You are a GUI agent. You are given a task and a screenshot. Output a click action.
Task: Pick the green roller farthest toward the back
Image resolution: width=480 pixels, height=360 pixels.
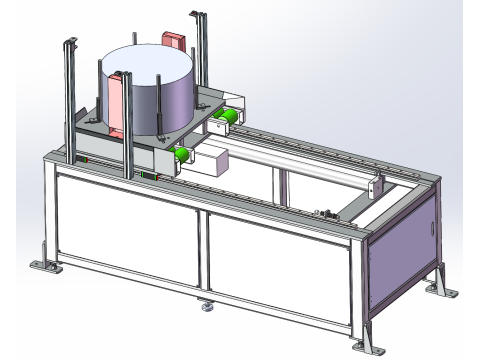click(x=227, y=118)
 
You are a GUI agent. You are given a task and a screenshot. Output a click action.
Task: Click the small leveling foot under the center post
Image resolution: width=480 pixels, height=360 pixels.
click(x=207, y=308)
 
